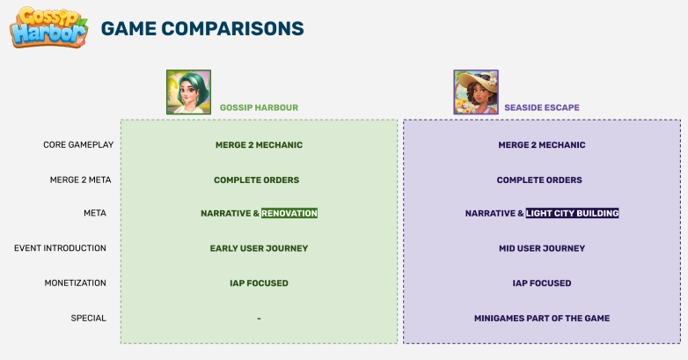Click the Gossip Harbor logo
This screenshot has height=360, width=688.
(x=48, y=27)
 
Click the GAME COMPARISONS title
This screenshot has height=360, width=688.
(x=202, y=28)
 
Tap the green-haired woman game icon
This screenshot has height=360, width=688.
(x=188, y=92)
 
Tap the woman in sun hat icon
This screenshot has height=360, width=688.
(x=476, y=92)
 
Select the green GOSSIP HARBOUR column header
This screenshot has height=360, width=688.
(x=259, y=107)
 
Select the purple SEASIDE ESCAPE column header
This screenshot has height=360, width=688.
(x=542, y=107)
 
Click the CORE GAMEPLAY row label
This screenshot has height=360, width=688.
(x=78, y=145)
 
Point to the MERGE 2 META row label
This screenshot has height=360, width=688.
(x=81, y=180)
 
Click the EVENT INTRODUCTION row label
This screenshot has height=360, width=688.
(x=60, y=248)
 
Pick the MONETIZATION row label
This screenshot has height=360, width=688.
(x=76, y=283)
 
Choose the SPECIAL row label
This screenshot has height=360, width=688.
(x=89, y=319)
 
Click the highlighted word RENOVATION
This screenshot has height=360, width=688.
(x=289, y=213)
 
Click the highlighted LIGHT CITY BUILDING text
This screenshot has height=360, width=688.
(x=572, y=213)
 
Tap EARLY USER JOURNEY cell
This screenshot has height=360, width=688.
(x=259, y=248)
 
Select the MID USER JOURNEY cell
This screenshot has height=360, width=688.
(x=542, y=248)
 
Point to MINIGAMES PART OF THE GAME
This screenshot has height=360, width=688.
(x=542, y=319)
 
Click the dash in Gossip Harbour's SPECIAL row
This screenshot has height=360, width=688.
(x=259, y=319)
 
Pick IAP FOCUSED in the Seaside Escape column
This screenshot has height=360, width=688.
(x=542, y=283)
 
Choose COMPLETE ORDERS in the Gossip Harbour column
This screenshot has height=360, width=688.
(x=257, y=180)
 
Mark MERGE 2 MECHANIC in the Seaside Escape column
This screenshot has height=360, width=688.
(x=542, y=145)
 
